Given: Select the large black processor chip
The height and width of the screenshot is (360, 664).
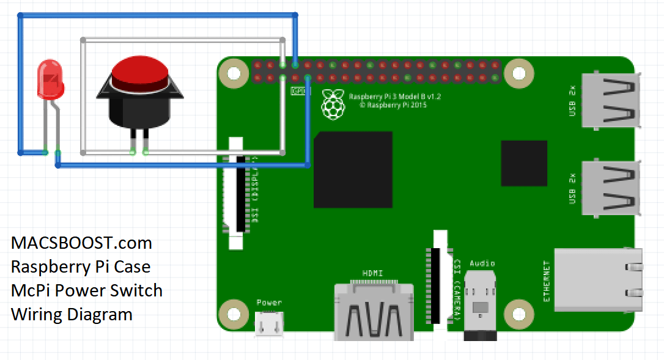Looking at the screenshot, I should (353, 169).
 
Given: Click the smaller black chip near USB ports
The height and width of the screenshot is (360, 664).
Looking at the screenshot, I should (524, 163).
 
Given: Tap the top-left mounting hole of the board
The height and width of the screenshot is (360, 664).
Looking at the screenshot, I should (233, 73).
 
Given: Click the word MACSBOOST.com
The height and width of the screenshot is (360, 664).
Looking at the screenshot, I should (81, 243).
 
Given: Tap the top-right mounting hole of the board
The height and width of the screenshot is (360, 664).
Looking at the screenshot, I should (518, 73).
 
